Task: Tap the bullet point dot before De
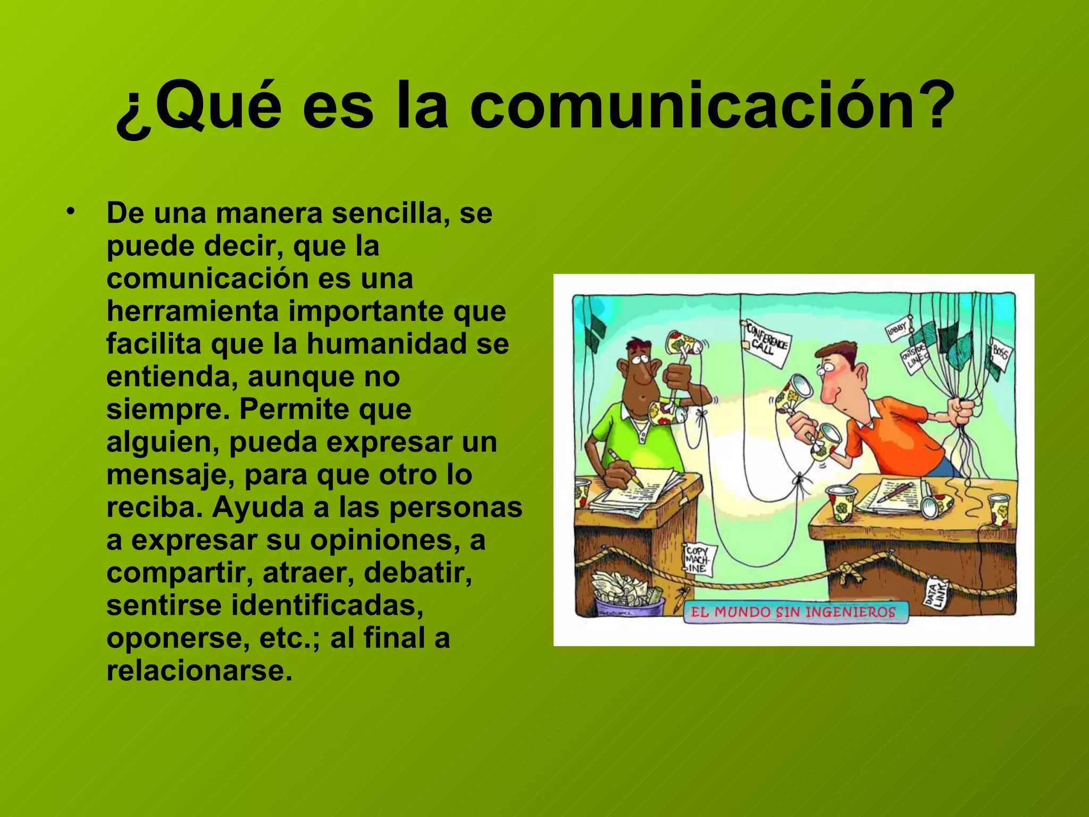pyautogui.click(x=70, y=212)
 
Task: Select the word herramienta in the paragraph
pyautogui.click(x=192, y=311)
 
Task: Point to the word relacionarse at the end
pyautogui.click(x=199, y=670)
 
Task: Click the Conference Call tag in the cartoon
pyautogui.click(x=766, y=343)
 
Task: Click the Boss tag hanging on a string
pyautogui.click(x=1000, y=354)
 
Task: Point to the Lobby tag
pyautogui.click(x=898, y=329)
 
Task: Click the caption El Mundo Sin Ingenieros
pyautogui.click(x=793, y=612)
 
